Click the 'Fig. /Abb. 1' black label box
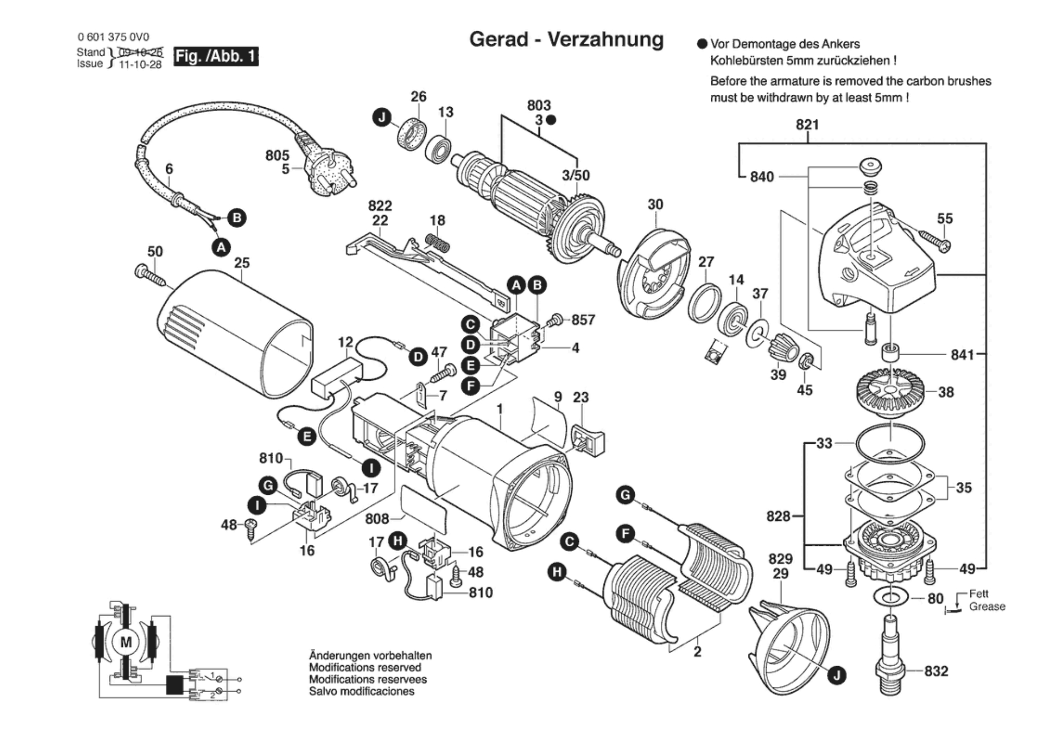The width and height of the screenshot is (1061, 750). (216, 56)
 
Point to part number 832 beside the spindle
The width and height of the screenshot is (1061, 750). (936, 671)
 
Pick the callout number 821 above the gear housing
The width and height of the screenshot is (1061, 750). (807, 125)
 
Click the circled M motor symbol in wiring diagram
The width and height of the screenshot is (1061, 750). (126, 642)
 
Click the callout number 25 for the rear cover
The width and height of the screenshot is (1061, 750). (242, 263)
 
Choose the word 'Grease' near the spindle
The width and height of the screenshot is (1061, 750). (987, 607)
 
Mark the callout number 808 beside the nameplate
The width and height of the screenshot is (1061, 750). (377, 519)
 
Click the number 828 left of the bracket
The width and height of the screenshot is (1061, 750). (778, 516)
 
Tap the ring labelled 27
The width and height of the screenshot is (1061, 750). (705, 304)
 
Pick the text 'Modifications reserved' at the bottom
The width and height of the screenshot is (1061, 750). (365, 668)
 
